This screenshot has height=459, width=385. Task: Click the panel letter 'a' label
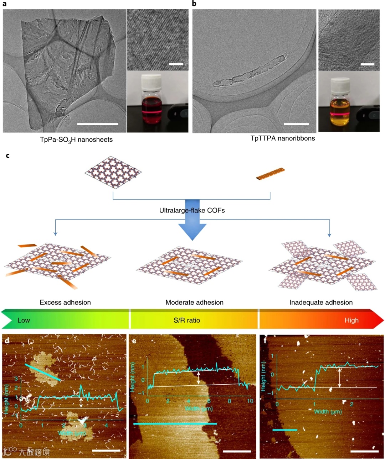[4, 4]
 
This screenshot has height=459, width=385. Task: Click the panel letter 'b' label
[194, 4]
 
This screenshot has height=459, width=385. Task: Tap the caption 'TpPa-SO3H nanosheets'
[76, 140]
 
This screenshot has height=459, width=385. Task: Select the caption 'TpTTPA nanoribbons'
[283, 138]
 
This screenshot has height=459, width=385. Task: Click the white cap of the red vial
[152, 82]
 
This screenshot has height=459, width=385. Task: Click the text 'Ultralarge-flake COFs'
[192, 210]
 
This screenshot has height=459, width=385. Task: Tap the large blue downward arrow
[192, 221]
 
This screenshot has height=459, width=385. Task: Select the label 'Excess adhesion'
[65, 302]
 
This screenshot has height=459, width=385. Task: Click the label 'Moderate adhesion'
[194, 302]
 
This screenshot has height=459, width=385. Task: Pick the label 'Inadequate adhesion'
[321, 302]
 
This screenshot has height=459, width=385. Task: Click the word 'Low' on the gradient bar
[24, 320]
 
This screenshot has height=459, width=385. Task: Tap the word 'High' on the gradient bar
[351, 320]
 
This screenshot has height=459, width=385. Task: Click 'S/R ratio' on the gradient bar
[187, 320]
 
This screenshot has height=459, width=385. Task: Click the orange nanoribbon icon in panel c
[271, 174]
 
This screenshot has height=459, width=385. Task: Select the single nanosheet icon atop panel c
[113, 172]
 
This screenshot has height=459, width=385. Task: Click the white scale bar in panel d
[106, 450]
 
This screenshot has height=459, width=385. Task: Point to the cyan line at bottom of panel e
[175, 424]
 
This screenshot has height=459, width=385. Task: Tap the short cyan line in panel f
[284, 430]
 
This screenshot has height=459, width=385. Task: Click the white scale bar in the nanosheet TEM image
[97, 124]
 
